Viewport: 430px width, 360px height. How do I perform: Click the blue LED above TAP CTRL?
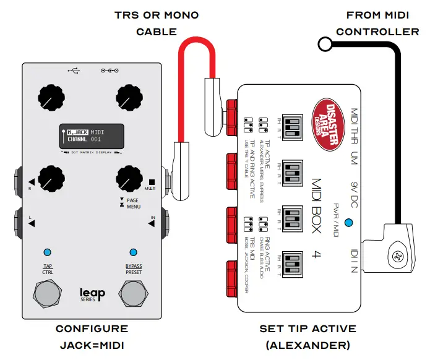[x=48, y=252]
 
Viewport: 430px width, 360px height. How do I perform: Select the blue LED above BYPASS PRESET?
[x=132, y=252]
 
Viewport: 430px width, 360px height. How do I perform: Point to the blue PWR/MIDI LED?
[x=350, y=223]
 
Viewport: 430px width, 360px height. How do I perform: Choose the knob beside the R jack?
[x=50, y=179]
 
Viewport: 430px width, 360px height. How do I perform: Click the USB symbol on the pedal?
[x=75, y=71]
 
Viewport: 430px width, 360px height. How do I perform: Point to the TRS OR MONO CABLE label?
[x=147, y=23]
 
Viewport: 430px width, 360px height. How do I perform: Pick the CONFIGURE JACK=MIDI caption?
[x=91, y=336]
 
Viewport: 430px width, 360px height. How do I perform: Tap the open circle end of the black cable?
[x=324, y=43]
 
